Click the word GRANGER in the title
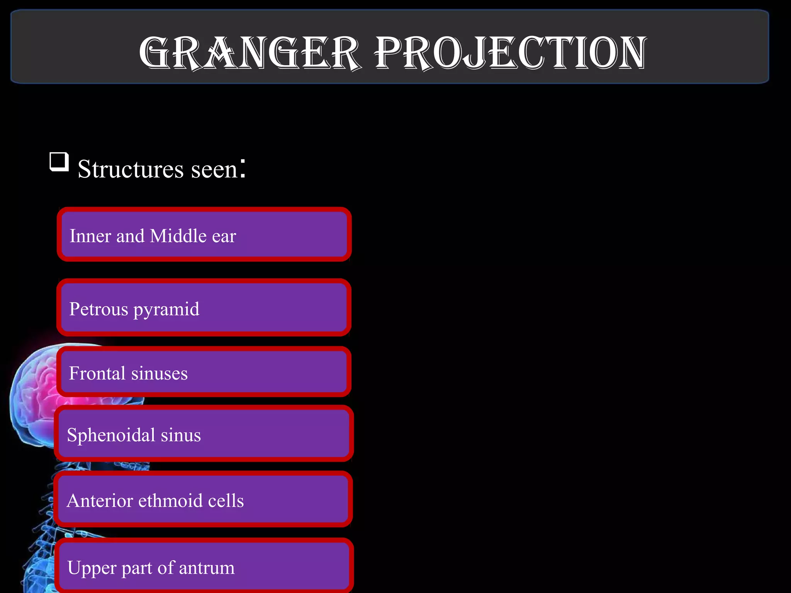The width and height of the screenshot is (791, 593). tap(250, 53)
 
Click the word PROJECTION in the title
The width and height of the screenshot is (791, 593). tap(511, 53)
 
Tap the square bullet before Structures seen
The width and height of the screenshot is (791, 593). tap(59, 162)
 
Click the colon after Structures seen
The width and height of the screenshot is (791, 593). tap(243, 168)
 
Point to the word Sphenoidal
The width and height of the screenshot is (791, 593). tap(111, 435)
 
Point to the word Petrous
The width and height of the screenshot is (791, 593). tap(98, 309)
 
